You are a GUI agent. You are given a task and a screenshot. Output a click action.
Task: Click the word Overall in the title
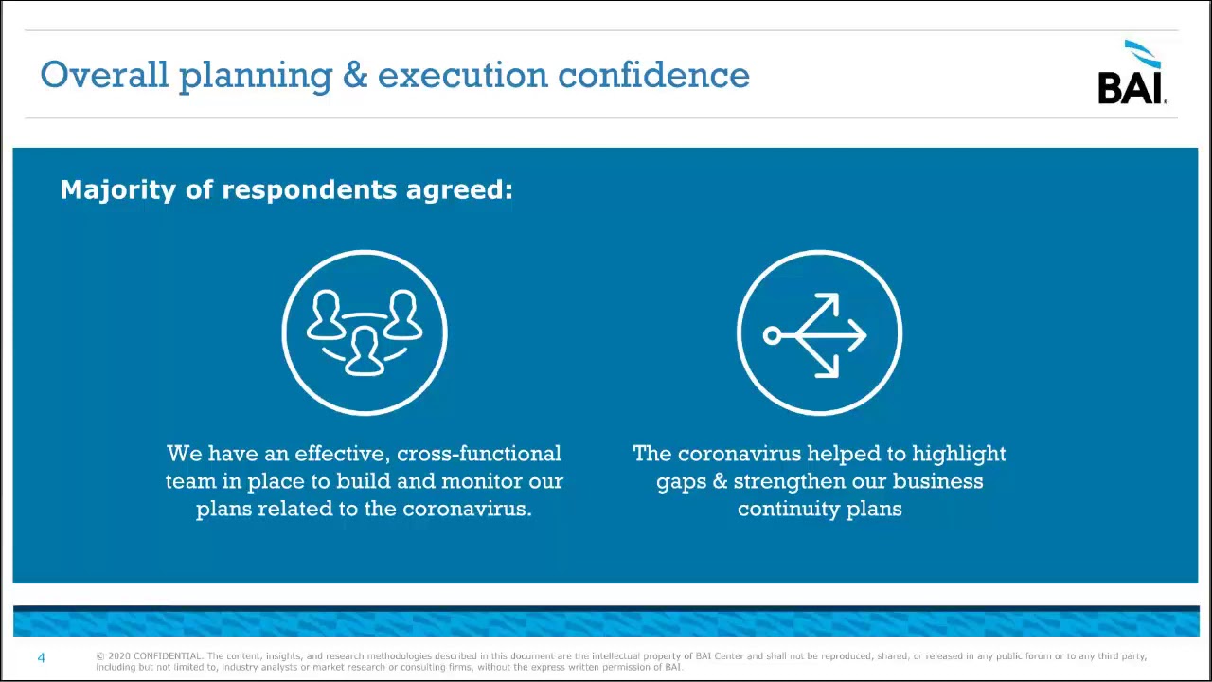coord(104,75)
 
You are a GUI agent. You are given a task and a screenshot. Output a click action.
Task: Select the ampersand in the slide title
coord(355,75)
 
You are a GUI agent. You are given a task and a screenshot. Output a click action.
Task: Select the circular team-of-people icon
coord(365,332)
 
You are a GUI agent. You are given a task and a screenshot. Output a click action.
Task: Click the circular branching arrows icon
coord(819,332)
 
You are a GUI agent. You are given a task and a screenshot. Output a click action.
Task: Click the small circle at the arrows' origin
coord(772,334)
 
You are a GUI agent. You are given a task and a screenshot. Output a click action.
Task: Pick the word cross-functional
coord(479,454)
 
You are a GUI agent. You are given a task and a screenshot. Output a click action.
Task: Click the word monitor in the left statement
coord(482,481)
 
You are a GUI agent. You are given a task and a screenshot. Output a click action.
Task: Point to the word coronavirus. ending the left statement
coord(467,509)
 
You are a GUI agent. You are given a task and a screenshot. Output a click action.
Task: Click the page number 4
coord(41,657)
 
